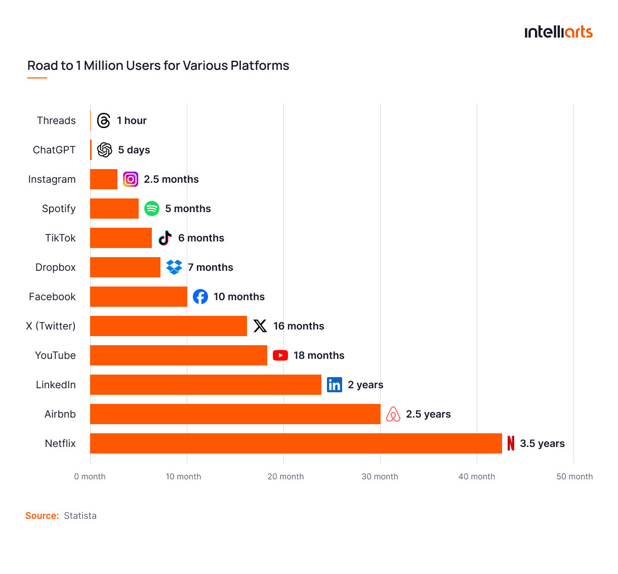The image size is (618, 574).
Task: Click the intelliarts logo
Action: click(x=558, y=32)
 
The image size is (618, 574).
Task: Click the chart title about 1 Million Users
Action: click(x=158, y=66)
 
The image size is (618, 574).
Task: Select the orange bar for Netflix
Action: click(x=296, y=443)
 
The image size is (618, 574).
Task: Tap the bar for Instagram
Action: click(x=104, y=179)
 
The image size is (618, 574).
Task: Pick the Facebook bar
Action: click(x=138, y=297)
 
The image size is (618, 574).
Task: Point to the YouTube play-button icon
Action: click(x=280, y=355)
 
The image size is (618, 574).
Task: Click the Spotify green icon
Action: click(x=152, y=209)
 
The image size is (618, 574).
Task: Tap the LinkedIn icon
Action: click(x=335, y=385)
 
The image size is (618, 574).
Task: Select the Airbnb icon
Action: click(x=393, y=414)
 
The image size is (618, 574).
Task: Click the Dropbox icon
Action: click(x=174, y=267)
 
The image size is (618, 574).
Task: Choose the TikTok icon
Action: click(x=165, y=238)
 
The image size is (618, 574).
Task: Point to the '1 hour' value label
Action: click(x=132, y=120)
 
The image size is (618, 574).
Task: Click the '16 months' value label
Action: click(x=299, y=326)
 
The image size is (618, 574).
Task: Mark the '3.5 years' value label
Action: click(x=542, y=443)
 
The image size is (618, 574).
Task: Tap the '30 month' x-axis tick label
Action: click(x=380, y=476)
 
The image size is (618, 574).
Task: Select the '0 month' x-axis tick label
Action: click(x=90, y=476)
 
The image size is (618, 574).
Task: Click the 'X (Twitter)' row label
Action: click(x=51, y=326)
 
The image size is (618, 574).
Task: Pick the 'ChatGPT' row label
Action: click(x=54, y=150)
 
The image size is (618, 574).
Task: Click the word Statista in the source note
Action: click(x=80, y=516)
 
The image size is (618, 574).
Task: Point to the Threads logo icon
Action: click(x=104, y=120)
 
